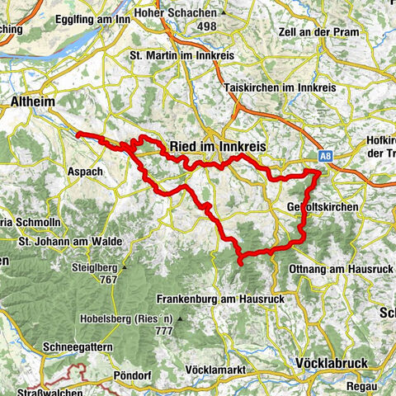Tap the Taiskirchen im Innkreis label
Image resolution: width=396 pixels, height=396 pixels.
tap(276, 87)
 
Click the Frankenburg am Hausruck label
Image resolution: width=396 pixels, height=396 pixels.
tap(219, 299)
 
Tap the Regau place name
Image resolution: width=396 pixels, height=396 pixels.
tap(360, 386)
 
